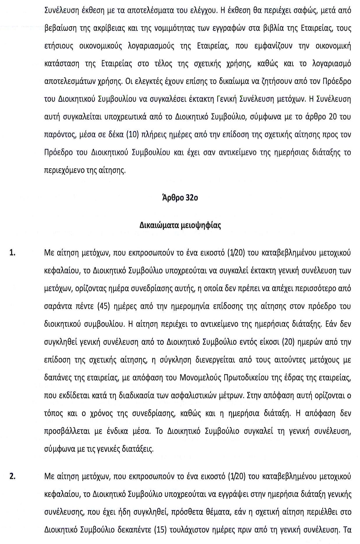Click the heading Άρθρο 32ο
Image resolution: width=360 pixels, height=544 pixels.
coord(180,198)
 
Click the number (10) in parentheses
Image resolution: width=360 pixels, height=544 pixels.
coord(133,135)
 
